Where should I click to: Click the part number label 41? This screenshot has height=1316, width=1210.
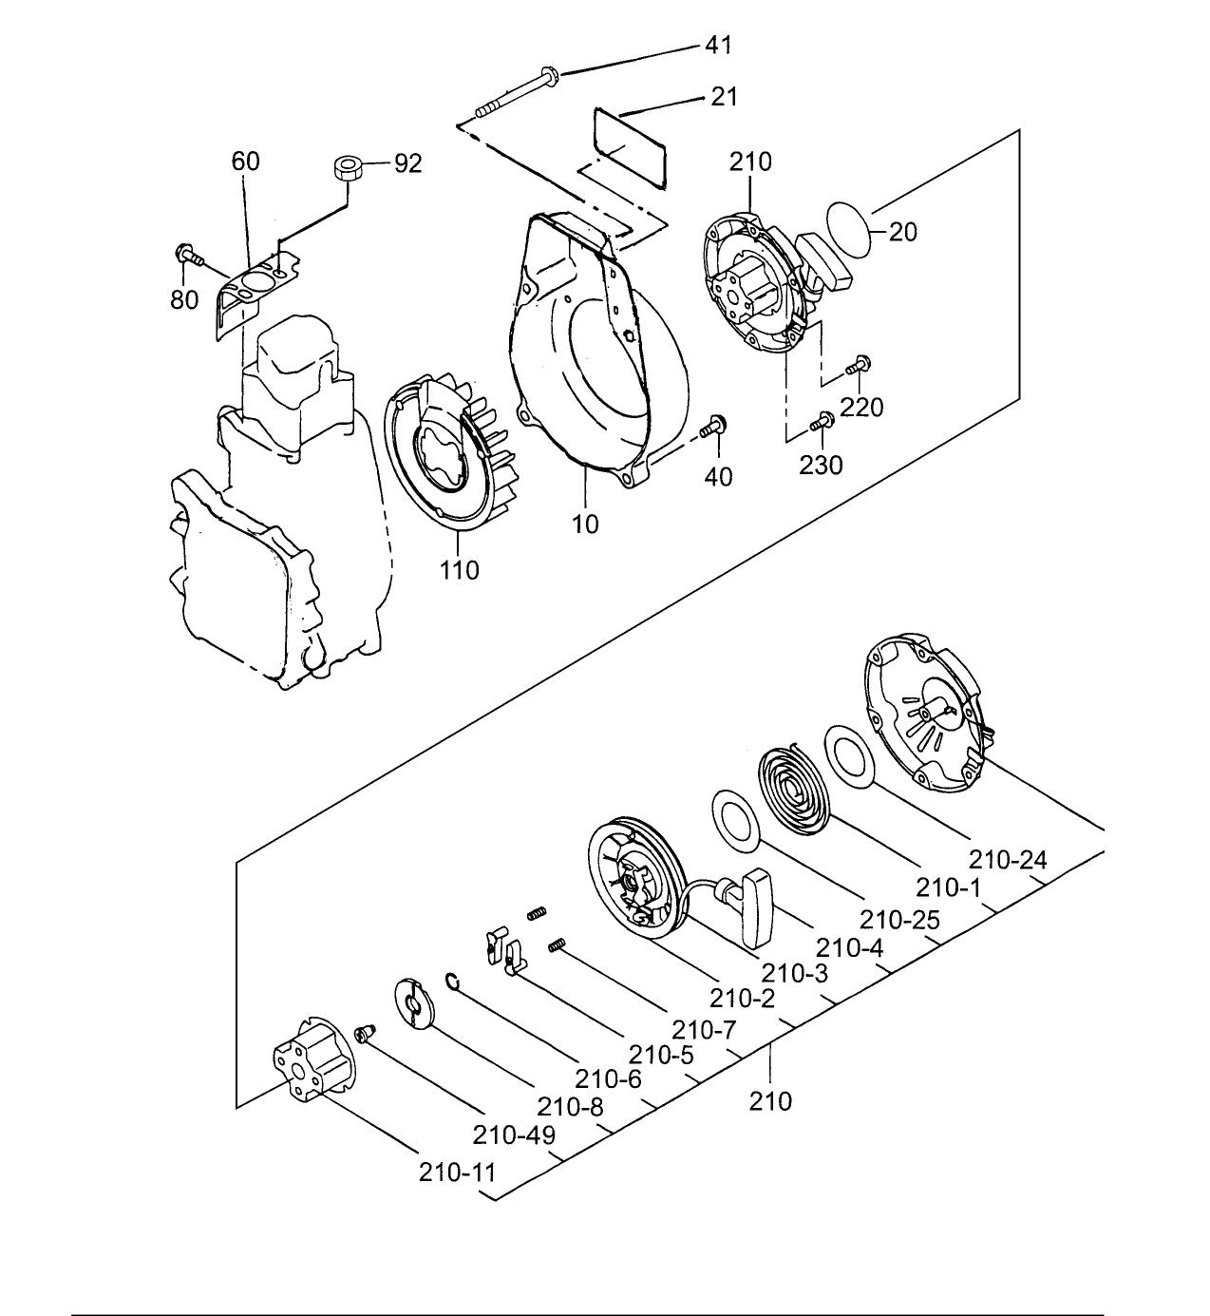718,45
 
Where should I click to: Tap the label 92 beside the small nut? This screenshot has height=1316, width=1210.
407,163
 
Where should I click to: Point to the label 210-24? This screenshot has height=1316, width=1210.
1008,860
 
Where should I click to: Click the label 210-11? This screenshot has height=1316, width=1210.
457,1172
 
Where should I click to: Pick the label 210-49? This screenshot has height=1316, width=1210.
514,1135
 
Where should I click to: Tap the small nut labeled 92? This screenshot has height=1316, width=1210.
347,171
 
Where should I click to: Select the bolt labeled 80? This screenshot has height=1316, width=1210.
187,255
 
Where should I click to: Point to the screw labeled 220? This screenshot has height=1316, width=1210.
861,362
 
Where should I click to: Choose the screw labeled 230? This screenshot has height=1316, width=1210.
822,420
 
